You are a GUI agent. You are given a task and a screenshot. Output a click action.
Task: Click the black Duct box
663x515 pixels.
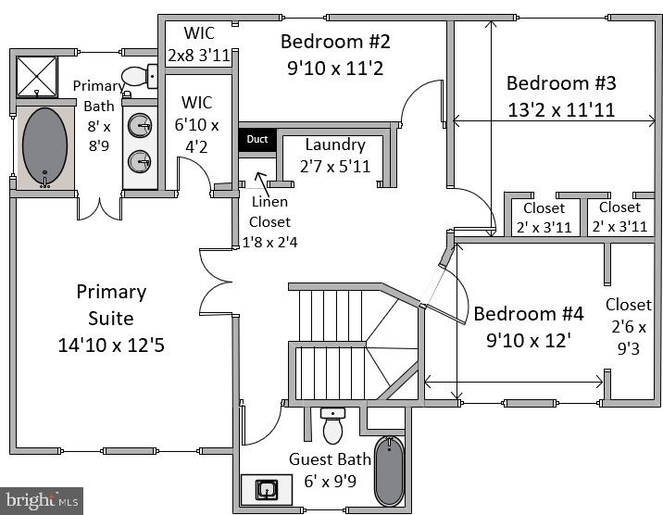[257, 140]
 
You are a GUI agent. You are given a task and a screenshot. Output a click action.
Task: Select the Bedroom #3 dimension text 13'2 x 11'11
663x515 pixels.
[561, 109]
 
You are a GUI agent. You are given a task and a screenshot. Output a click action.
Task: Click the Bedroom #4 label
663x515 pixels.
[529, 313]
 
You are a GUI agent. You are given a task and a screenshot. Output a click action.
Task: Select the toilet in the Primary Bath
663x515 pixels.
[139, 76]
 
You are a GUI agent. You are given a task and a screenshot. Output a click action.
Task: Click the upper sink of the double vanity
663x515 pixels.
[141, 125]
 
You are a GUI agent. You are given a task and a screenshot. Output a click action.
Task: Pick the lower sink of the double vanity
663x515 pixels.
[141, 160]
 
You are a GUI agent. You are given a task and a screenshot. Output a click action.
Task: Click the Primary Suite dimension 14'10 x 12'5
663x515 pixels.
[111, 345]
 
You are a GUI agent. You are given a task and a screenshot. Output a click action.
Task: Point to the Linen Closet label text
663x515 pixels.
[269, 222]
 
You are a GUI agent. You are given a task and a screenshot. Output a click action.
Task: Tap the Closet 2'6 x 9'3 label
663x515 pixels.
[628, 326]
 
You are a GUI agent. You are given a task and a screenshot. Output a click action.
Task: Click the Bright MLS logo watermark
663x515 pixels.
[42, 500]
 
